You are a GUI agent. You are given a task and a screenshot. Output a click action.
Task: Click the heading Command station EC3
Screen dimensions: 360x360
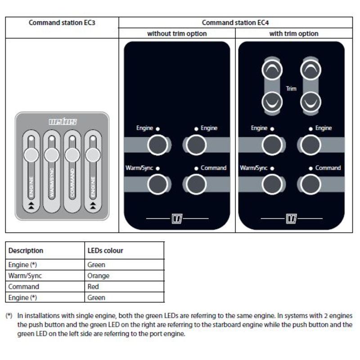[62, 22]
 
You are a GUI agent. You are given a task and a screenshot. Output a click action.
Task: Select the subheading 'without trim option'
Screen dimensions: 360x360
[177, 34]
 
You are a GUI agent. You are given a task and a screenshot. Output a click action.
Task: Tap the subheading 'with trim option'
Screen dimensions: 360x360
[294, 34]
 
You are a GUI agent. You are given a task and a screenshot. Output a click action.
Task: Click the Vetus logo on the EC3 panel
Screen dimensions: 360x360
[63, 122]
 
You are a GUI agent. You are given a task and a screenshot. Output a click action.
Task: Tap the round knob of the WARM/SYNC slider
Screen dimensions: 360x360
[52, 155]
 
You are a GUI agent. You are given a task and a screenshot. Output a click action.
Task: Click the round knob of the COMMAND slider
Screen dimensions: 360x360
[72, 155]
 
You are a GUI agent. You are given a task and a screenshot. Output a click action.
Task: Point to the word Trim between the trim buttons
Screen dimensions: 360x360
[291, 89]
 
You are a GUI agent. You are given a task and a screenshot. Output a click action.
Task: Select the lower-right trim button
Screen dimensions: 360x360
[310, 102]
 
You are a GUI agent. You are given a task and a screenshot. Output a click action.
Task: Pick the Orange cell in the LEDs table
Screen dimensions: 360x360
[98, 275]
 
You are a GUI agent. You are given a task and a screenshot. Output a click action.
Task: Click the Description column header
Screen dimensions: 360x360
[26, 250]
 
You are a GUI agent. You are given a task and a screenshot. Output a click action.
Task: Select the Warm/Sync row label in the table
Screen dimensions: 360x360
[25, 275]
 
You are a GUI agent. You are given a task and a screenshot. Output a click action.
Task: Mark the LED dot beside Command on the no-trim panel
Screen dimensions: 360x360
[196, 168]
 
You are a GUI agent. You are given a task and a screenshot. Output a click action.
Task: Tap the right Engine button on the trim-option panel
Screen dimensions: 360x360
[310, 145]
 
